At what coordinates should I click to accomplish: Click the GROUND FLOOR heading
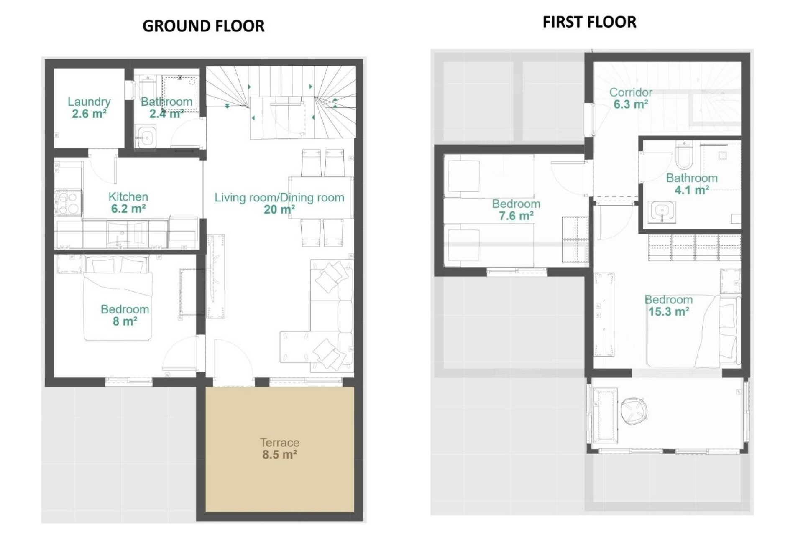tap(203, 26)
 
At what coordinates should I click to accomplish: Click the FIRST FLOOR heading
tap(589, 22)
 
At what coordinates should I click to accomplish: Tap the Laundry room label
tap(89, 102)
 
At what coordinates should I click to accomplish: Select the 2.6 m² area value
tap(89, 114)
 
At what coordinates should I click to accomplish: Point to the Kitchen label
tap(128, 196)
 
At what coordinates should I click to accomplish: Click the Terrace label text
tap(279, 442)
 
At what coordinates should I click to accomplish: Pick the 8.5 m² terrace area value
tap(279, 454)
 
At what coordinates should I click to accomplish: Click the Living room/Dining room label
tap(279, 197)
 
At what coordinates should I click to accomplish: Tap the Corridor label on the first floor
tap(631, 92)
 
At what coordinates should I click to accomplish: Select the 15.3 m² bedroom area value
tap(669, 312)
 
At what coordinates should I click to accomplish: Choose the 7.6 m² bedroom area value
tap(516, 216)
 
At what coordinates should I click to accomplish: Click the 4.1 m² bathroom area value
tap(692, 190)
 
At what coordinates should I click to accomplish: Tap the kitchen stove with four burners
tap(67, 202)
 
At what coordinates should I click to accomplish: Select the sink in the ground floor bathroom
tap(146, 137)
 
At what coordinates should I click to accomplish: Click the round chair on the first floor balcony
tap(634, 410)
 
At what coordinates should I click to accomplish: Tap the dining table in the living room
tap(320, 197)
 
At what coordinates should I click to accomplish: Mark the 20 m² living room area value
tap(279, 209)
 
